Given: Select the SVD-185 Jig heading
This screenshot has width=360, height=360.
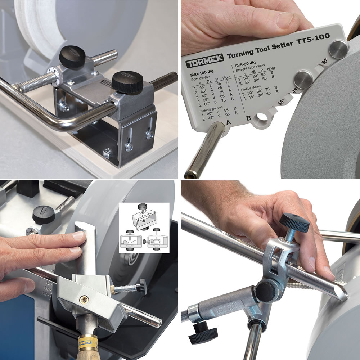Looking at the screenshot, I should point(205,74).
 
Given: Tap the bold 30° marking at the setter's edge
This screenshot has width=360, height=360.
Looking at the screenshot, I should point(324,62).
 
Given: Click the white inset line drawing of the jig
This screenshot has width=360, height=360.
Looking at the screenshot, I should point(144,228).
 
